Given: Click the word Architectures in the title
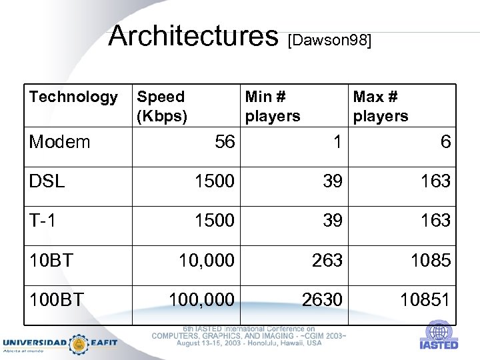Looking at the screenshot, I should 193,36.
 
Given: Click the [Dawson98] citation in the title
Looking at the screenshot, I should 329,41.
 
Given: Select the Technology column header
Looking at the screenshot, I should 73,97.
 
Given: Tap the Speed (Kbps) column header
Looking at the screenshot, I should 162,106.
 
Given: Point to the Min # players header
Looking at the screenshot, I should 273,106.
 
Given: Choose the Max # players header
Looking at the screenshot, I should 381,106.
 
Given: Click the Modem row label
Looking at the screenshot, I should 59,141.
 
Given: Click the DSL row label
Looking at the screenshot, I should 47,181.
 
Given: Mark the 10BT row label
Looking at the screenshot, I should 51,260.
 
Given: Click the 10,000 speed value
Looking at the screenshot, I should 206,260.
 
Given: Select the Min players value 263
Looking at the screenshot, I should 327,260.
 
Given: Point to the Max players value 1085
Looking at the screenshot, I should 431,260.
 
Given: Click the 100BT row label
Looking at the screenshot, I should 56,300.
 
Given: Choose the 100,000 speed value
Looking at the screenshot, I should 201,300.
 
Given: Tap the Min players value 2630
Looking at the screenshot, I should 322,300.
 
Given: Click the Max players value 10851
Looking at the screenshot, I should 425,300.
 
